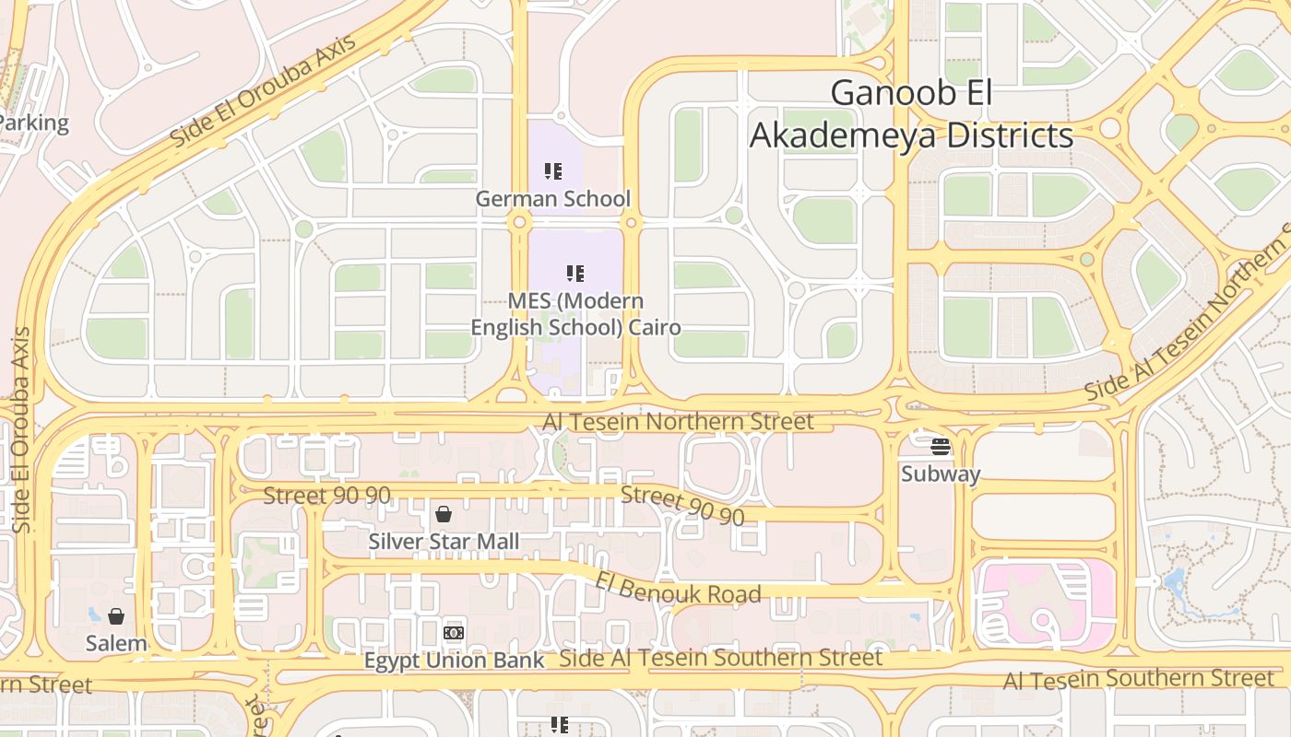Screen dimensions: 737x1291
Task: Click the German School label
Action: pos(552,198)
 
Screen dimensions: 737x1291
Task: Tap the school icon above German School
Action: pos(552,170)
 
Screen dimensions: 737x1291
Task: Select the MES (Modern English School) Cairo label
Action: pos(575,314)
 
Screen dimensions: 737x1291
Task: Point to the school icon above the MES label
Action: pos(575,273)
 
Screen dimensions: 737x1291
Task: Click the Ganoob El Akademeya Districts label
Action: pos(911,114)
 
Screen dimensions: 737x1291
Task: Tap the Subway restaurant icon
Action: pos(941,447)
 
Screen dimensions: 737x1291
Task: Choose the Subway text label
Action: pos(941,474)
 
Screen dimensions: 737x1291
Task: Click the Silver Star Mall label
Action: pos(444,542)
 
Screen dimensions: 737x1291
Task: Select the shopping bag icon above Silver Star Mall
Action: pos(444,513)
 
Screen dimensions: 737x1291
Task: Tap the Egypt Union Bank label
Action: pos(455,661)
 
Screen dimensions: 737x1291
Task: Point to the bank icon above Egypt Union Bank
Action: pos(454,633)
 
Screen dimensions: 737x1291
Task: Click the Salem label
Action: pos(116,643)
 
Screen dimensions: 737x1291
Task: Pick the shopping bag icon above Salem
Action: pos(116,615)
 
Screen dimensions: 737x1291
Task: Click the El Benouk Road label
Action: pos(679,588)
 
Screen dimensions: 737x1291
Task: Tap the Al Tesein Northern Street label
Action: pos(678,422)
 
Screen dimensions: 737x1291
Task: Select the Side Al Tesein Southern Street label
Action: pos(720,658)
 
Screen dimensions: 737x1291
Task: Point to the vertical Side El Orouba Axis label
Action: pos(21,429)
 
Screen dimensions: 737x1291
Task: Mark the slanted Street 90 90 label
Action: pos(681,506)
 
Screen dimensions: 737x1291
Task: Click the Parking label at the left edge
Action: pos(34,123)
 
